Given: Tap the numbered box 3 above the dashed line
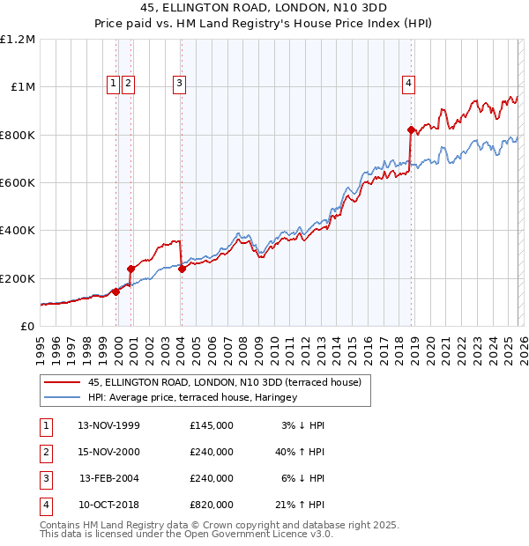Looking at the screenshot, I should click(x=179, y=84).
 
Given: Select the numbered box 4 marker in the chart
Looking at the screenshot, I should click(x=409, y=84).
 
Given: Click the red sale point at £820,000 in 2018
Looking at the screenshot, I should click(x=411, y=130).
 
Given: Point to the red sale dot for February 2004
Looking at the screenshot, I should click(x=182, y=269).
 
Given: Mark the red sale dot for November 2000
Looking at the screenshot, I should click(x=130, y=269).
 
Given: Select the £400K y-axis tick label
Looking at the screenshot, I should click(x=19, y=230).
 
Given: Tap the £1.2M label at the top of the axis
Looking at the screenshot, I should click(x=19, y=40).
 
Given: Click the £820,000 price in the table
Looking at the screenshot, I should click(x=211, y=505).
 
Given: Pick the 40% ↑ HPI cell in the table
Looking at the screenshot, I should click(x=299, y=452).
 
